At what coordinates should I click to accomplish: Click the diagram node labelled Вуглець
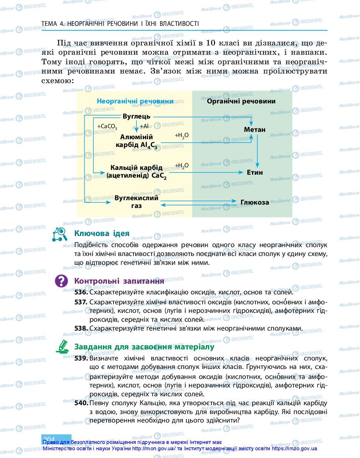point(136,116)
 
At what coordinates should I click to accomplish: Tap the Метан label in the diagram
point(255,130)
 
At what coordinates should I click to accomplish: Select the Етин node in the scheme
point(255,172)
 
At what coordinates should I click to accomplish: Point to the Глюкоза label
point(255,202)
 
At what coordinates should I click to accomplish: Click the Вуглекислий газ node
point(136,202)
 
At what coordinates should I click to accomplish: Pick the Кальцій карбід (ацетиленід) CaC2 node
point(136,172)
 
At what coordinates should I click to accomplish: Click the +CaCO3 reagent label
point(107,127)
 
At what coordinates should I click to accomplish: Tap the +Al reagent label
point(144,126)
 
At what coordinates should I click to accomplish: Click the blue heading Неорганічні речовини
point(135,101)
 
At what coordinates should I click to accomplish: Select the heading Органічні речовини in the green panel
point(241,101)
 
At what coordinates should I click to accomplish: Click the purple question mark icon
point(61,281)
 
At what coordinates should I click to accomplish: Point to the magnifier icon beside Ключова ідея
point(60,234)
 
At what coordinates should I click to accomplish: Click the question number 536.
point(81,292)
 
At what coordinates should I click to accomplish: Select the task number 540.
point(81,403)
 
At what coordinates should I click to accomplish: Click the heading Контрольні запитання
point(119,281)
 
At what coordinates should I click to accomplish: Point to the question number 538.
point(81,328)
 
